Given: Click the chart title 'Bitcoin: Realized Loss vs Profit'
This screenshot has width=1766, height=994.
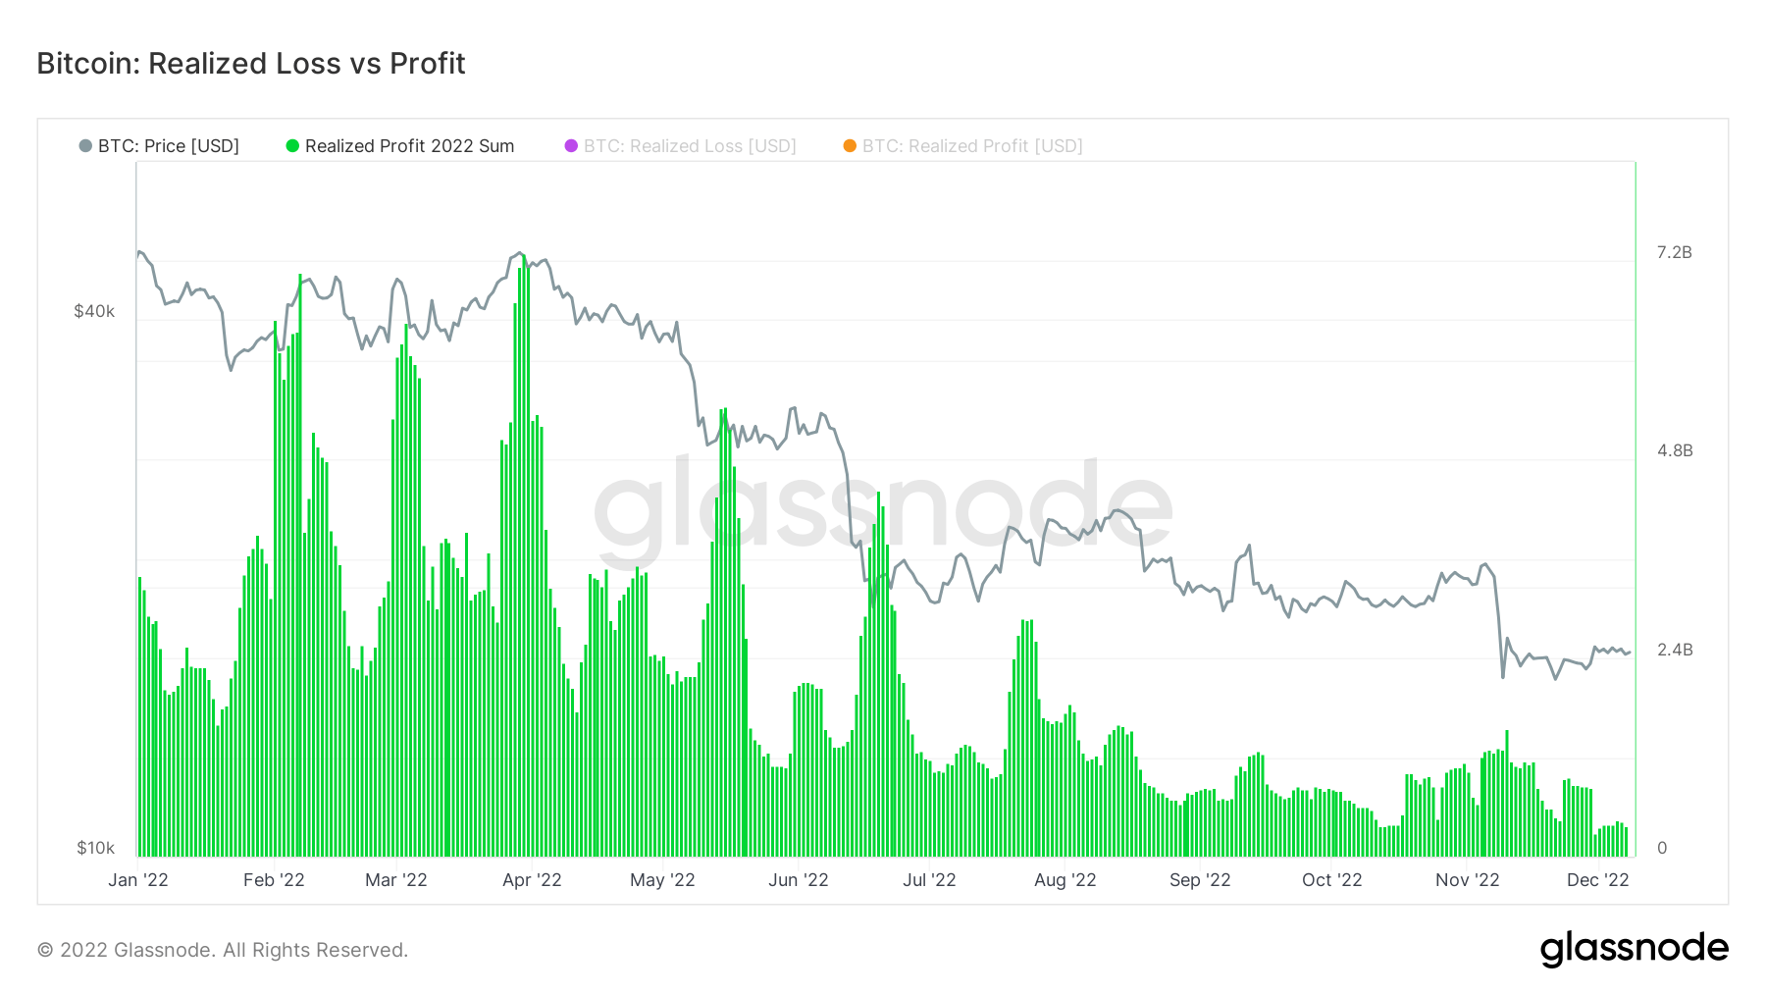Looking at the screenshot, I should pos(251,64).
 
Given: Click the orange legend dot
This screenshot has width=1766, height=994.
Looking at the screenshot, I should pos(850,146).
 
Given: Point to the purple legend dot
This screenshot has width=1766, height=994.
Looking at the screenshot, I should pos(571,146).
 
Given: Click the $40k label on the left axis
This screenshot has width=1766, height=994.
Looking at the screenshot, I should pos(94,311).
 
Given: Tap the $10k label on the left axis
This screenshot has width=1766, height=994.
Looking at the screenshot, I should pos(95,848).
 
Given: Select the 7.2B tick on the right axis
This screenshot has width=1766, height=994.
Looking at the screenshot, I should pos(1674,252).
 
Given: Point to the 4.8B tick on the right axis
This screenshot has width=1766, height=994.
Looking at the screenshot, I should pos(1674,450).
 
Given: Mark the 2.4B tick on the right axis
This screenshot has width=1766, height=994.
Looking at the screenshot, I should pos(1674,650).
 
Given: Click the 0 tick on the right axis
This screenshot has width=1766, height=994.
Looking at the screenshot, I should pos(1661,848).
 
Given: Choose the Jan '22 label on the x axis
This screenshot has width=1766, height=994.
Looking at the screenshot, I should pos(138,880).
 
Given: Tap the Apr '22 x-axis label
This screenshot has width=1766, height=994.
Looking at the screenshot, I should pos(532,880).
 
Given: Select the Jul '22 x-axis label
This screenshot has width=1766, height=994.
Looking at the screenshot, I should pos(929,880).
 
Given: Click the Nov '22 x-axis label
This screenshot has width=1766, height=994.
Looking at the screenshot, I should pos(1467,880).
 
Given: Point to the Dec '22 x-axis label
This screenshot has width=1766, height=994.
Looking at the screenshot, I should pos(1597,880).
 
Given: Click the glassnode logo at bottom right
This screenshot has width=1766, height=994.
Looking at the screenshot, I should pos(1634,949).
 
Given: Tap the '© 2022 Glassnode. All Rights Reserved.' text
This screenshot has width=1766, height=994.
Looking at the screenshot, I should pos(223,950).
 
